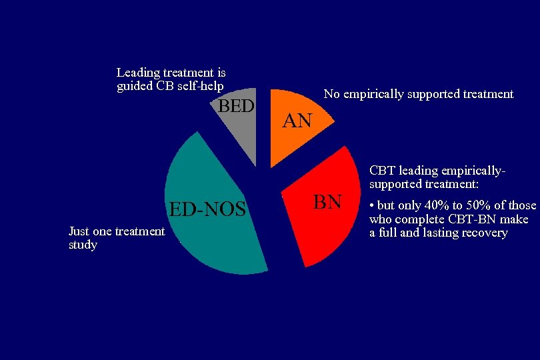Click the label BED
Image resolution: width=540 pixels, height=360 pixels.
pos(237,106)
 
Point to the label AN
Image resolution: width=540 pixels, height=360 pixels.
pos(297,121)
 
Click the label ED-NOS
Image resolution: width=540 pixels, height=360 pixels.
pos(207,209)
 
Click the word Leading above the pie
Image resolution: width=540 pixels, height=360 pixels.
pos(137,72)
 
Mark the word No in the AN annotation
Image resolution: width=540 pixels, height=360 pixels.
pos(331,94)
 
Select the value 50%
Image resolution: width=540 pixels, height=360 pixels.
pos(477,205)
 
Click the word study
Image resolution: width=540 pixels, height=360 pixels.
pos(83,245)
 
